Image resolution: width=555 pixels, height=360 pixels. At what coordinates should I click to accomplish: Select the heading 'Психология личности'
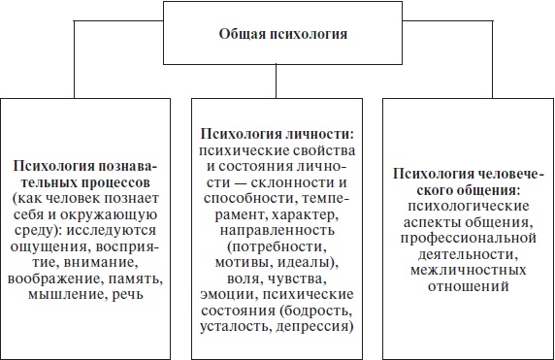pyautogui.click(x=275, y=133)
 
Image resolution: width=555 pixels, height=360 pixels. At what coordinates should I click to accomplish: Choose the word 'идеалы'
pyautogui.click(x=308, y=262)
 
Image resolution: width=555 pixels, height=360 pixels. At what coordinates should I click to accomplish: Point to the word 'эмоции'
pyautogui.click(x=227, y=294)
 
